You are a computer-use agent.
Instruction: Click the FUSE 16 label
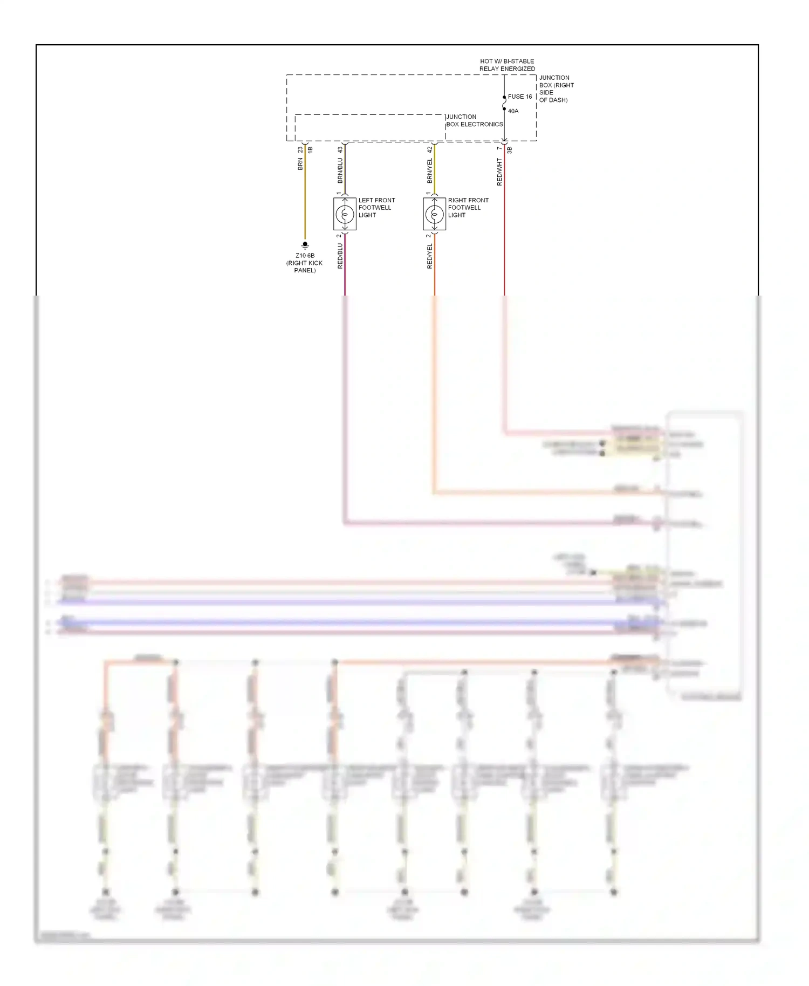[519, 97]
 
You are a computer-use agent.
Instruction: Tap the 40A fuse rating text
[513, 111]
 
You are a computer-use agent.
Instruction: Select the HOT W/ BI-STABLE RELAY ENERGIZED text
[507, 65]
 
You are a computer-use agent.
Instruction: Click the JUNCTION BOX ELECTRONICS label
[474, 120]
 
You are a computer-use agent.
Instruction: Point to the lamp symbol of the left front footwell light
[345, 214]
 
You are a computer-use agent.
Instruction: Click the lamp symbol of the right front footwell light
[434, 214]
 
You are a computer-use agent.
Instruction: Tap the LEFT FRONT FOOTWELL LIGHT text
[376, 208]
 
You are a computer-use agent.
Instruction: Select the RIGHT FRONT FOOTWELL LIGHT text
[468, 208]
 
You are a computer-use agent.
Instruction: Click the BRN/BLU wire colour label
[340, 169]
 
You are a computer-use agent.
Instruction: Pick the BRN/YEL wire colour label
[429, 169]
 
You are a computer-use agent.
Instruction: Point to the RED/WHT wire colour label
[499, 172]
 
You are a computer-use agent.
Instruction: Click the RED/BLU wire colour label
[340, 256]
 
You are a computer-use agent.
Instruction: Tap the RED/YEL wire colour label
[429, 256]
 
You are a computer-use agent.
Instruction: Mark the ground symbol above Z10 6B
[305, 245]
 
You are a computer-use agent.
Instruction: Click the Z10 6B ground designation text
[305, 256]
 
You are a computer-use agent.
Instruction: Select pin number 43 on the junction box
[340, 149]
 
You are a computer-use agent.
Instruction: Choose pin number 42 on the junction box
[429, 149]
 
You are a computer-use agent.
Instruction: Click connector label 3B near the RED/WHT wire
[509, 150]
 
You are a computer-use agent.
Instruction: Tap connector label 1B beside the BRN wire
[310, 150]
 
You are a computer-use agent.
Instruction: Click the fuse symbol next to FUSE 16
[504, 103]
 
